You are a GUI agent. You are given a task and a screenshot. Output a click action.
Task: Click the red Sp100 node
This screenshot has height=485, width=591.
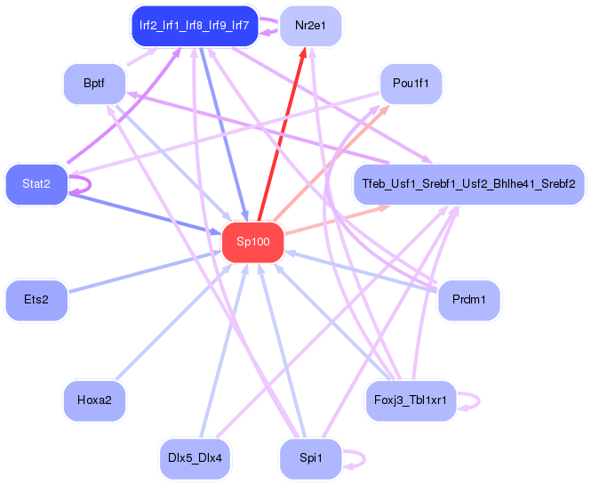(253, 242)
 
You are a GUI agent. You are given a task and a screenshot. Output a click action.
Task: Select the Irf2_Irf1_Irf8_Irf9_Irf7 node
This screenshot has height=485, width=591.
(195, 26)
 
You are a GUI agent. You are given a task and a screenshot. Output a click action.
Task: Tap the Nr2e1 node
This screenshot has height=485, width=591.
(310, 26)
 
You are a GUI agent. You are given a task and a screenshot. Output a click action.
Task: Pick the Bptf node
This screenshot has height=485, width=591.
(94, 84)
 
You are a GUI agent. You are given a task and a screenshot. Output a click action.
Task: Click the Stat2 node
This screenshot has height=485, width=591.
(36, 184)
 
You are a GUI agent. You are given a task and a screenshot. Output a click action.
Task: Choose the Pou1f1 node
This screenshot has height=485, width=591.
(411, 84)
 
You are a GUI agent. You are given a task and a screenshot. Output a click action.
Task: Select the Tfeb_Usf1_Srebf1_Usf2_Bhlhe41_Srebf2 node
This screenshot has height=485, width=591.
(469, 184)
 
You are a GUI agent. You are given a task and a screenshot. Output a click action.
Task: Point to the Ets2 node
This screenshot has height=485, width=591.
(36, 300)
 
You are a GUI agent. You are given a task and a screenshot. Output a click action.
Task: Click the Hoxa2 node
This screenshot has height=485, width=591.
(94, 400)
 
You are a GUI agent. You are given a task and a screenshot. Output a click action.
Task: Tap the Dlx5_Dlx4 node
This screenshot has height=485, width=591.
(195, 458)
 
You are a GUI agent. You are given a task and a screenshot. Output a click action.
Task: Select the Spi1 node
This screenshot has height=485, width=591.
(310, 458)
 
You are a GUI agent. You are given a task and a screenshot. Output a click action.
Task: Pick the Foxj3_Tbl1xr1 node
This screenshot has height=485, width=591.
(411, 400)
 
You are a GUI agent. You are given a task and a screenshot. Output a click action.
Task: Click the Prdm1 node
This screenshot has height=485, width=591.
(469, 300)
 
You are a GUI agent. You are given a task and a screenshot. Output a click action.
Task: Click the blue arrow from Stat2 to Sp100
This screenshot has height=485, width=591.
(145, 214)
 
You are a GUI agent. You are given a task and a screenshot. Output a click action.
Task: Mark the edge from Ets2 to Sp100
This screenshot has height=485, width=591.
(145, 271)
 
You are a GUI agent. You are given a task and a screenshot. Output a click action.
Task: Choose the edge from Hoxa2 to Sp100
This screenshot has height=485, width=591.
(174, 321)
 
